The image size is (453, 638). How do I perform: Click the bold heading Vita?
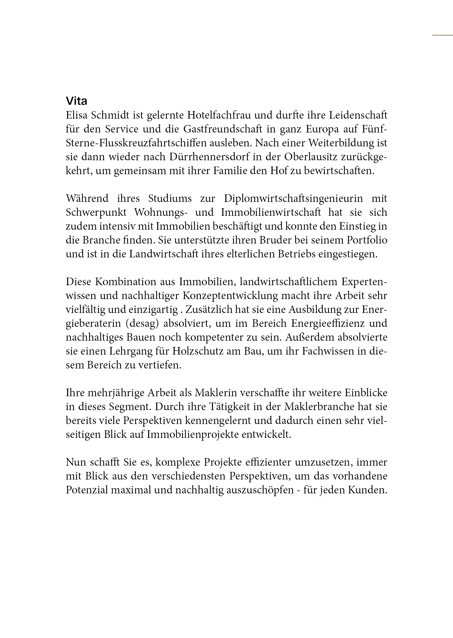tap(76, 101)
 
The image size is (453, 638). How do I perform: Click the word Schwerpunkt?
tap(96, 212)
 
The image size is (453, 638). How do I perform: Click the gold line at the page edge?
tap(442, 35)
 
